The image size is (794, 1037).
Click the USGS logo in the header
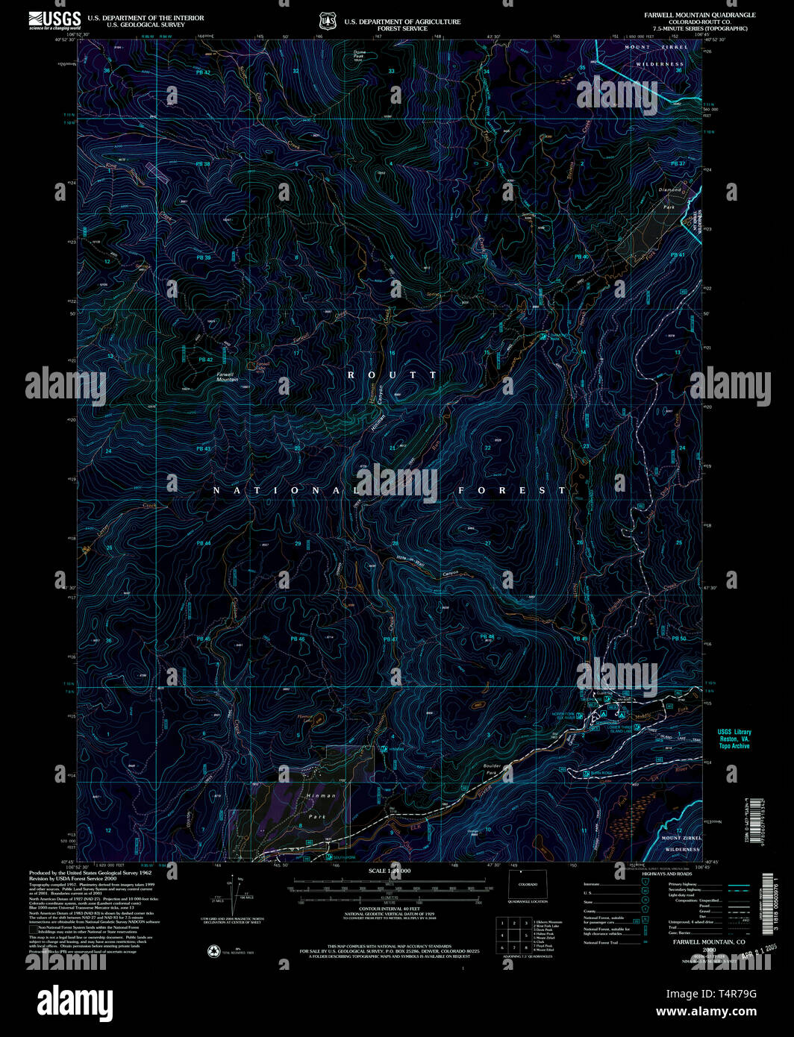pyautogui.click(x=54, y=19)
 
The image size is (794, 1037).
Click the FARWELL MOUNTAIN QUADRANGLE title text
pyautogui.click(x=700, y=15)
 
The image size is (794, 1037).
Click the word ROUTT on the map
pyautogui.click(x=393, y=375)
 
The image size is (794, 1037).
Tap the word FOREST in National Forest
pyautogui.click(x=512, y=490)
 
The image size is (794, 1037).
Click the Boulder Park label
pyautogui.click(x=493, y=769)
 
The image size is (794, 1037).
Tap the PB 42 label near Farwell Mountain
pyautogui.click(x=205, y=360)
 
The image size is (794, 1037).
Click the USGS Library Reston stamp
pyautogui.click(x=734, y=739)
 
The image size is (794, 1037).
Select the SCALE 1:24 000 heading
pyautogui.click(x=389, y=871)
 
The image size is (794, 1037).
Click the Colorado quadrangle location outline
pyautogui.click(x=528, y=885)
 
